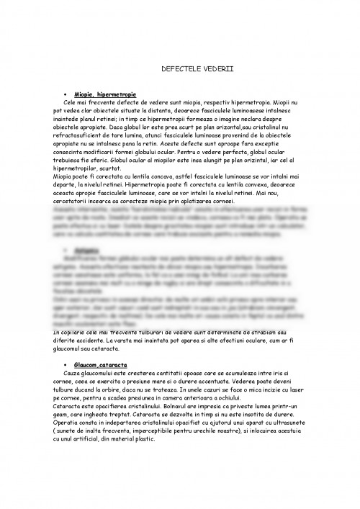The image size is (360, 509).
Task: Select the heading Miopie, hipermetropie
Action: pyautogui.click(x=107, y=95)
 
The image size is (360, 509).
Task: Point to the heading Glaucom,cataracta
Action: pyautogui.click(x=102, y=366)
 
